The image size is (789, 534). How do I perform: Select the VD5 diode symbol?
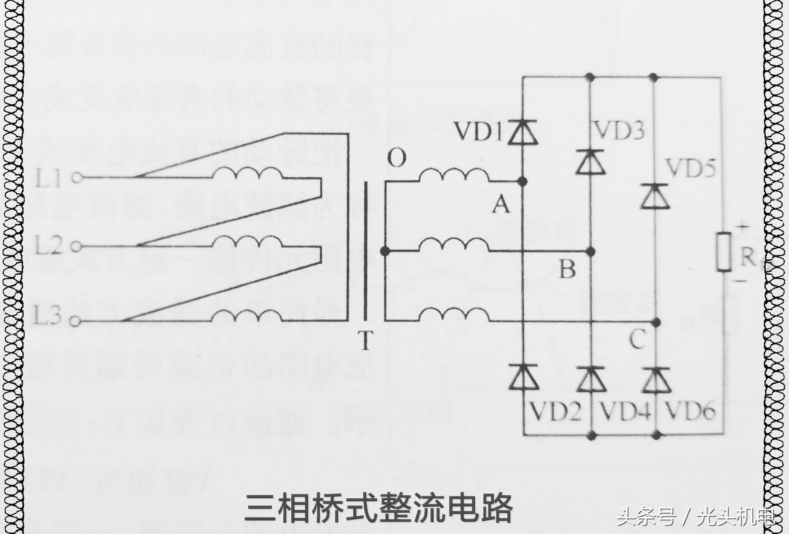[655, 196]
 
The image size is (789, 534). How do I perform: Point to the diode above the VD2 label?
[523, 377]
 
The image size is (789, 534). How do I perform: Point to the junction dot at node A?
[523, 182]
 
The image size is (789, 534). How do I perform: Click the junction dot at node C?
[656, 321]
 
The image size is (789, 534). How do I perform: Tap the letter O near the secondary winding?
[397, 158]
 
